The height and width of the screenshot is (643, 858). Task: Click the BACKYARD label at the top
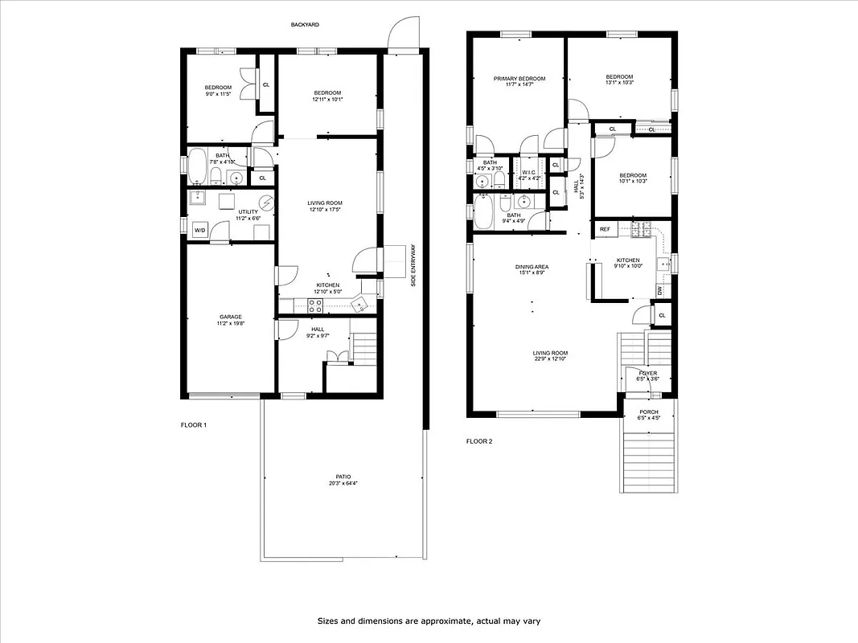[305, 25]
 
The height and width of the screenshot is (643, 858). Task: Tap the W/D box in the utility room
[199, 231]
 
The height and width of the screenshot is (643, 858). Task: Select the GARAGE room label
[230, 317]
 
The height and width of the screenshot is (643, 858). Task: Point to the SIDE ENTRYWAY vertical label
[413, 265]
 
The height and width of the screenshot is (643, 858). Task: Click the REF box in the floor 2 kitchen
[605, 229]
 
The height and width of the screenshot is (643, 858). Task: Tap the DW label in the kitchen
[659, 290]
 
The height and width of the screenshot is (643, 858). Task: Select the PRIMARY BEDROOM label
[519, 79]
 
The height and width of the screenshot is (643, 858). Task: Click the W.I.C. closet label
[528, 172]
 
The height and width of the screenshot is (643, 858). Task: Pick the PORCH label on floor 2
[649, 412]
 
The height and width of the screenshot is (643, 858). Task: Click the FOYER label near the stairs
[648, 373]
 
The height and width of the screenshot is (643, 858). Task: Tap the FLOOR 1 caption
[194, 424]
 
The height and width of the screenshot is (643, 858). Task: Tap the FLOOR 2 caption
[480, 441]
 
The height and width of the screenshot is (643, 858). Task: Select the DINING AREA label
[532, 267]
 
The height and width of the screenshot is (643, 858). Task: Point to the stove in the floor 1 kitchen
[316, 305]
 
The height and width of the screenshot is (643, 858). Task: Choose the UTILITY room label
[247, 211]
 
